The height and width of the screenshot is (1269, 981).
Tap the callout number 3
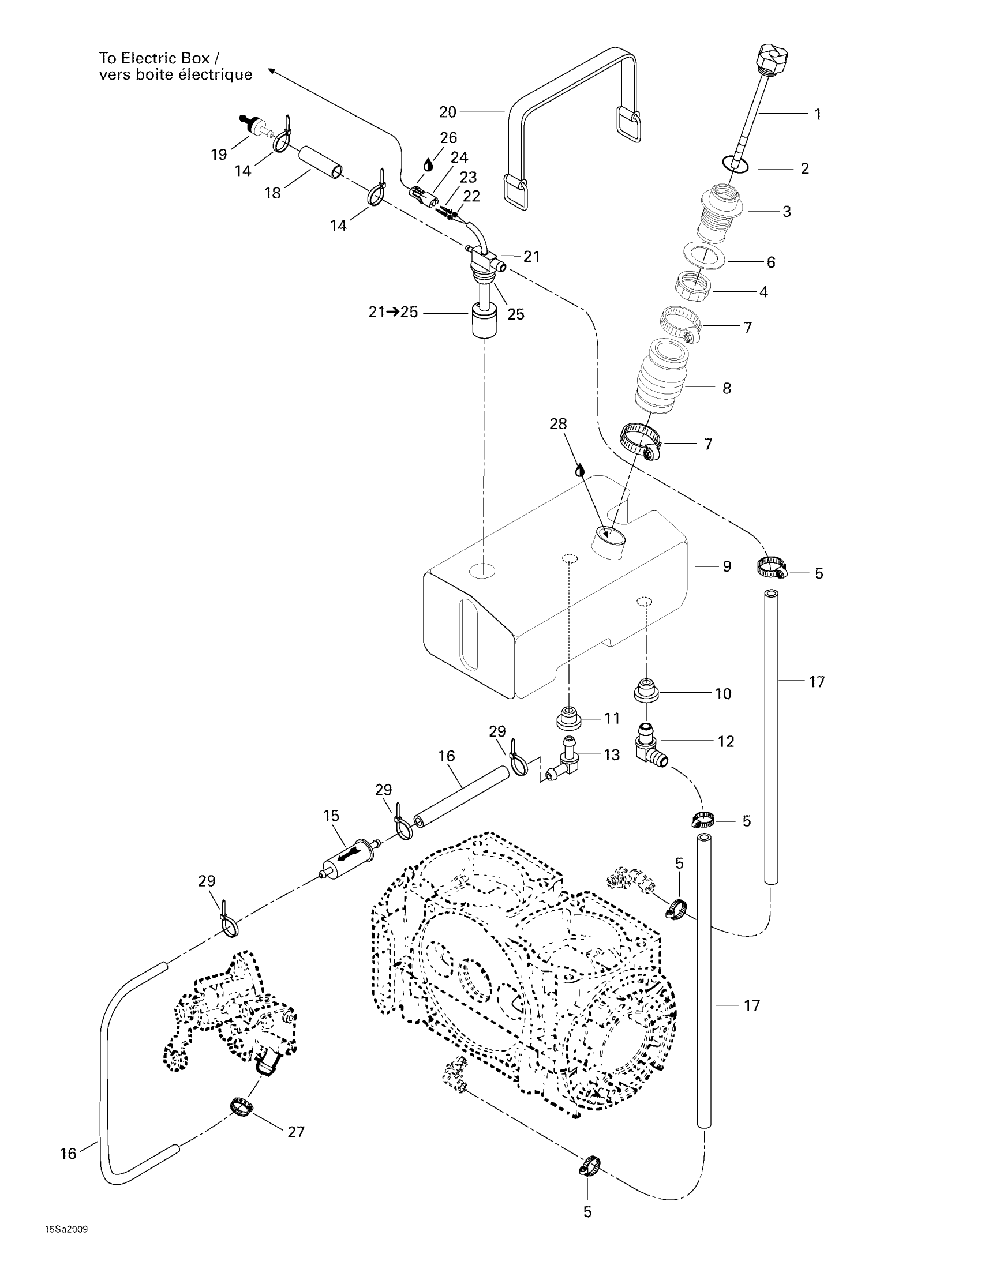coord(787,212)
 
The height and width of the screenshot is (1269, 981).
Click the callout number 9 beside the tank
coord(727,566)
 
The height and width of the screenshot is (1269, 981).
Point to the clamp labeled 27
coord(241,1106)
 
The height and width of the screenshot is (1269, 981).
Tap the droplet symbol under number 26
coord(428,164)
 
